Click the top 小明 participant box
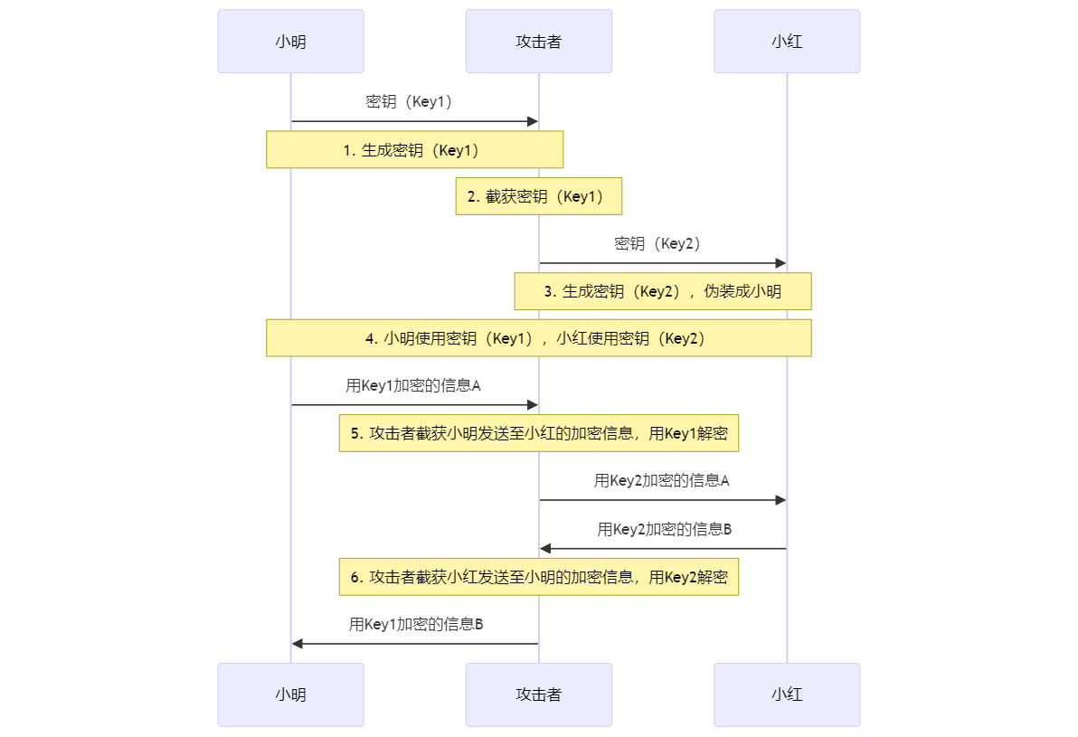click(x=291, y=42)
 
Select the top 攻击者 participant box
click(x=539, y=42)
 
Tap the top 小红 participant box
click(x=787, y=42)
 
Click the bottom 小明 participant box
click(x=291, y=694)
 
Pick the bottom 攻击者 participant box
click(x=539, y=694)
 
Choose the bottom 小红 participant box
click(x=787, y=694)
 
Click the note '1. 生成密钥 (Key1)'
click(x=414, y=150)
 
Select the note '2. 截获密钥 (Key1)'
click(x=539, y=196)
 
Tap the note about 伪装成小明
click(x=663, y=291)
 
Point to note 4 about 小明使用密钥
click(x=539, y=338)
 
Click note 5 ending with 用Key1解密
click(x=539, y=433)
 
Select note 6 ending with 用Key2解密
click(x=539, y=577)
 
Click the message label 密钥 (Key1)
click(x=409, y=102)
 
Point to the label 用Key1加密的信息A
click(x=413, y=386)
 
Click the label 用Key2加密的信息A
click(x=661, y=480)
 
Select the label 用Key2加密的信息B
click(x=664, y=529)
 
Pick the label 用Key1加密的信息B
click(x=416, y=624)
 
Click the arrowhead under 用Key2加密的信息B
click(x=545, y=549)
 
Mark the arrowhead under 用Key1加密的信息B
click(x=297, y=644)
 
